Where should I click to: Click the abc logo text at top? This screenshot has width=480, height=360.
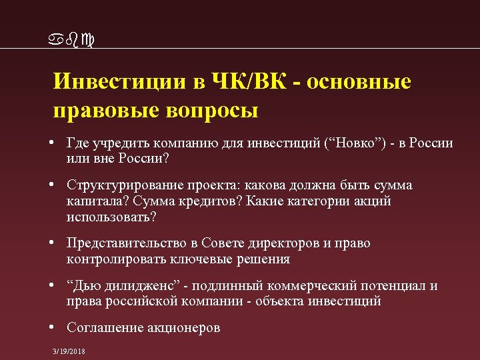coord(73,41)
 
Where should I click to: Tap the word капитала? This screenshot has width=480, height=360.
coord(95,201)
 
